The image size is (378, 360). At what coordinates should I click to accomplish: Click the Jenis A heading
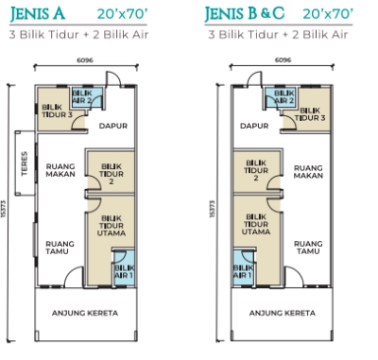[x=38, y=13]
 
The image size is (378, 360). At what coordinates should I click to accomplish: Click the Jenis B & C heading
[x=245, y=13]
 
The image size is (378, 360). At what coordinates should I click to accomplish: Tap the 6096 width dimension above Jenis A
[x=85, y=60]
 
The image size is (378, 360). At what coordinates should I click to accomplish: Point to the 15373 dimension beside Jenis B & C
[x=212, y=209]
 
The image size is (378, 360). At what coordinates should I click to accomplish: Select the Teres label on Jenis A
[x=25, y=163]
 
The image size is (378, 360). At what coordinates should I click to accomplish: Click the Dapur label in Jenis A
[x=113, y=126]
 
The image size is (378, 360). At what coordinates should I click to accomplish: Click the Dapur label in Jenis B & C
[x=254, y=126]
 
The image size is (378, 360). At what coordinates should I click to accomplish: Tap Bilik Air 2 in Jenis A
[x=82, y=97]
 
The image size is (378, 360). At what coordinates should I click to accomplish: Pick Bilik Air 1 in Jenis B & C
[x=243, y=271]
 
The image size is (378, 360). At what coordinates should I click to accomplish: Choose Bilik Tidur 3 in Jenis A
[x=57, y=111]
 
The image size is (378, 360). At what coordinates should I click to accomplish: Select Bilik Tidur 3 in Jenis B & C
[x=310, y=114]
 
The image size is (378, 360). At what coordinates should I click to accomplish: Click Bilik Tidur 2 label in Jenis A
[x=112, y=174]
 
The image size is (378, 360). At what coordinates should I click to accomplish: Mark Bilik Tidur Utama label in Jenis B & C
[x=256, y=224]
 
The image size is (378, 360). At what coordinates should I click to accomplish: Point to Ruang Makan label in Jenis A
[x=60, y=170]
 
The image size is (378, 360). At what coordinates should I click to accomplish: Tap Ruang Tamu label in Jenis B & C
[x=308, y=248]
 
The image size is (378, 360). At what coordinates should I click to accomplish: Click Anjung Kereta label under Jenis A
[x=85, y=313]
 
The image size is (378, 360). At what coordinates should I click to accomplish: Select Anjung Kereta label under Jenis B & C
[x=283, y=313]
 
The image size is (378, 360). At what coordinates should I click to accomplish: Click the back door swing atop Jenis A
[x=113, y=78]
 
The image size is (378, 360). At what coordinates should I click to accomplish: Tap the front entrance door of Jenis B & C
[x=294, y=277]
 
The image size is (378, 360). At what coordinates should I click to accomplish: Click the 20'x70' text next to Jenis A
[x=122, y=14]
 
